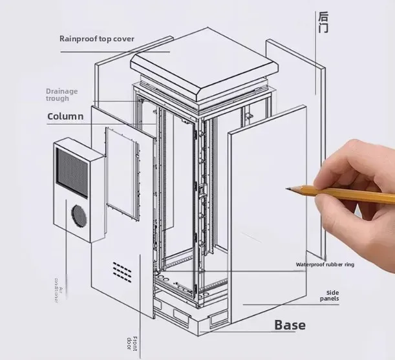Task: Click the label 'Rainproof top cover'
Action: pyautogui.click(x=97, y=38)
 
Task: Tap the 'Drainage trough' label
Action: pyautogui.click(x=61, y=95)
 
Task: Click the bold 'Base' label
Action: pyautogui.click(x=290, y=324)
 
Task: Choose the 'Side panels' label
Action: pyautogui.click(x=330, y=295)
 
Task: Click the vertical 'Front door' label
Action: pyautogui.click(x=133, y=343)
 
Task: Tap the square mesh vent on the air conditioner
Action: pyautogui.click(x=71, y=170)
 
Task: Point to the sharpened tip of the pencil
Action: pyautogui.click(x=288, y=188)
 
